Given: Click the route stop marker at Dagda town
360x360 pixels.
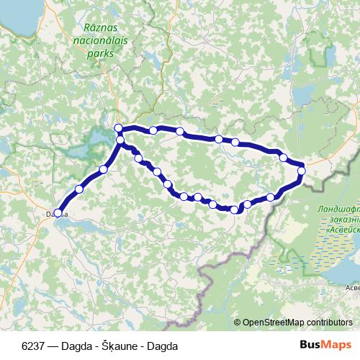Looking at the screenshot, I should pos(58,212).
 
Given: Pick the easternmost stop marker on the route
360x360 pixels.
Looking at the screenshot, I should pos(302,171).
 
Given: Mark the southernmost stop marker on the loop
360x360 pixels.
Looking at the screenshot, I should pos(234,210).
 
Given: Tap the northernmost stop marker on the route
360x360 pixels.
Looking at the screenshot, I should pos(119,128).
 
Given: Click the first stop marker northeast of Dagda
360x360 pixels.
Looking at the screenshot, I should pos(79,189).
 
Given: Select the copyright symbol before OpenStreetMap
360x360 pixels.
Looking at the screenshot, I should pos(238,323).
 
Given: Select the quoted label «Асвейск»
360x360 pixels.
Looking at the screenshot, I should pos(341,230).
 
